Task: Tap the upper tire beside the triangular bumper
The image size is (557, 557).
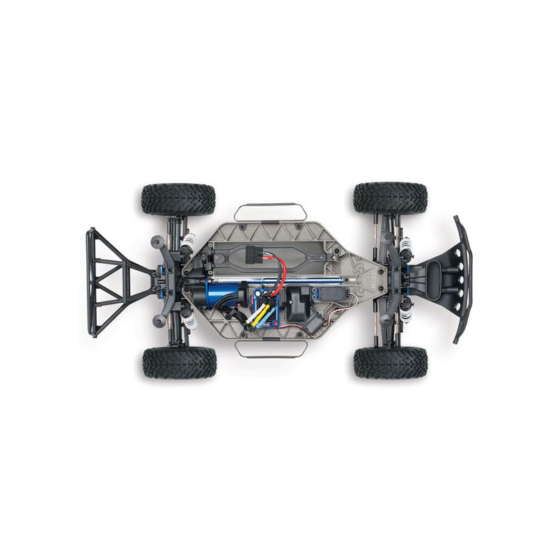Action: pos(178,200)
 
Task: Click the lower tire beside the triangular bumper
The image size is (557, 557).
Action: pos(180,363)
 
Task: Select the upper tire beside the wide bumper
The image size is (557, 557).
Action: pos(390,198)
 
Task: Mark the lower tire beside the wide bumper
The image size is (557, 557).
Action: pos(391,362)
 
